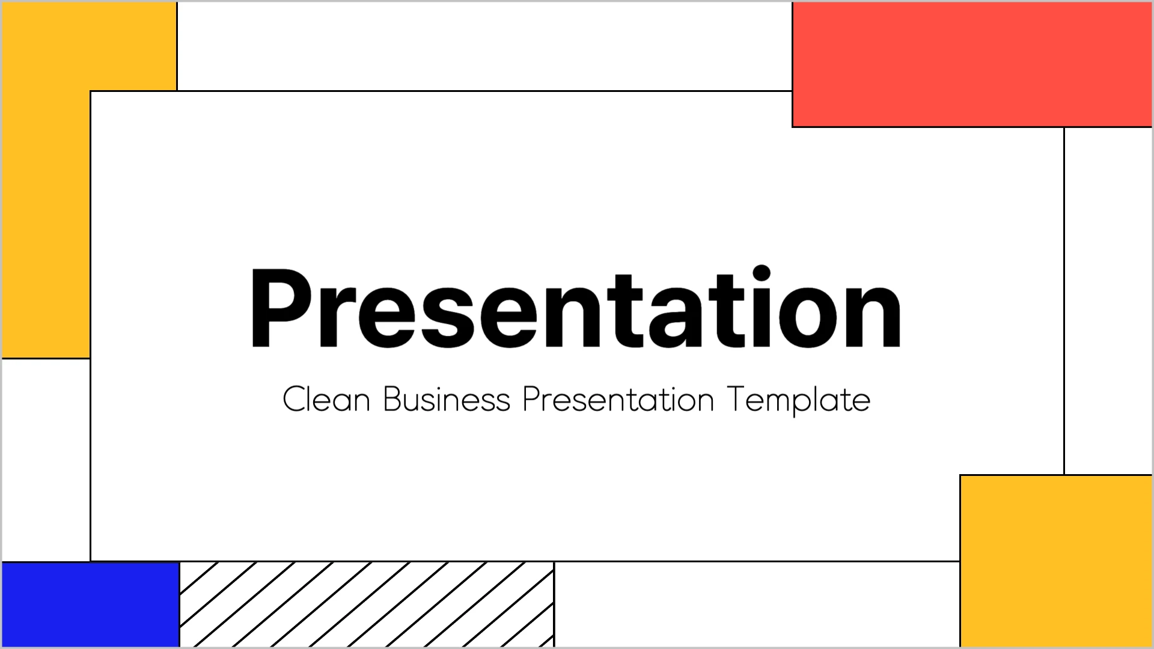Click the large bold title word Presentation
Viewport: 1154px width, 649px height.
(x=575, y=307)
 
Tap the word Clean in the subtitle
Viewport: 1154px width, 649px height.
(x=326, y=399)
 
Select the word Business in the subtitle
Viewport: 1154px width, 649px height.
(x=447, y=399)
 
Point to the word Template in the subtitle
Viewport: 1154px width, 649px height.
(x=798, y=400)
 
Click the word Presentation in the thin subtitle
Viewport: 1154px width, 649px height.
(x=618, y=399)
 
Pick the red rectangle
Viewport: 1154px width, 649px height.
(x=972, y=64)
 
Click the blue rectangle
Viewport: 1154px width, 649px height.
(x=91, y=605)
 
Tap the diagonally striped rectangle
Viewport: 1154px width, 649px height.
(x=367, y=605)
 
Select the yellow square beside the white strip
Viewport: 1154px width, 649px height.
(x=1056, y=561)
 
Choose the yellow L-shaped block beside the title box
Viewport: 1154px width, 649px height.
(x=46, y=180)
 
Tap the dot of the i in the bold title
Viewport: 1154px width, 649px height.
(x=761, y=273)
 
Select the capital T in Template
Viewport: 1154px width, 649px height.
(x=736, y=399)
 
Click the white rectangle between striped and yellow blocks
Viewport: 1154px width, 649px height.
(x=757, y=605)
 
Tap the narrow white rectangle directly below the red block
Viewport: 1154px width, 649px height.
(x=1108, y=300)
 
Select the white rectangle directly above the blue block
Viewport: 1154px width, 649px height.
(x=46, y=460)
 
